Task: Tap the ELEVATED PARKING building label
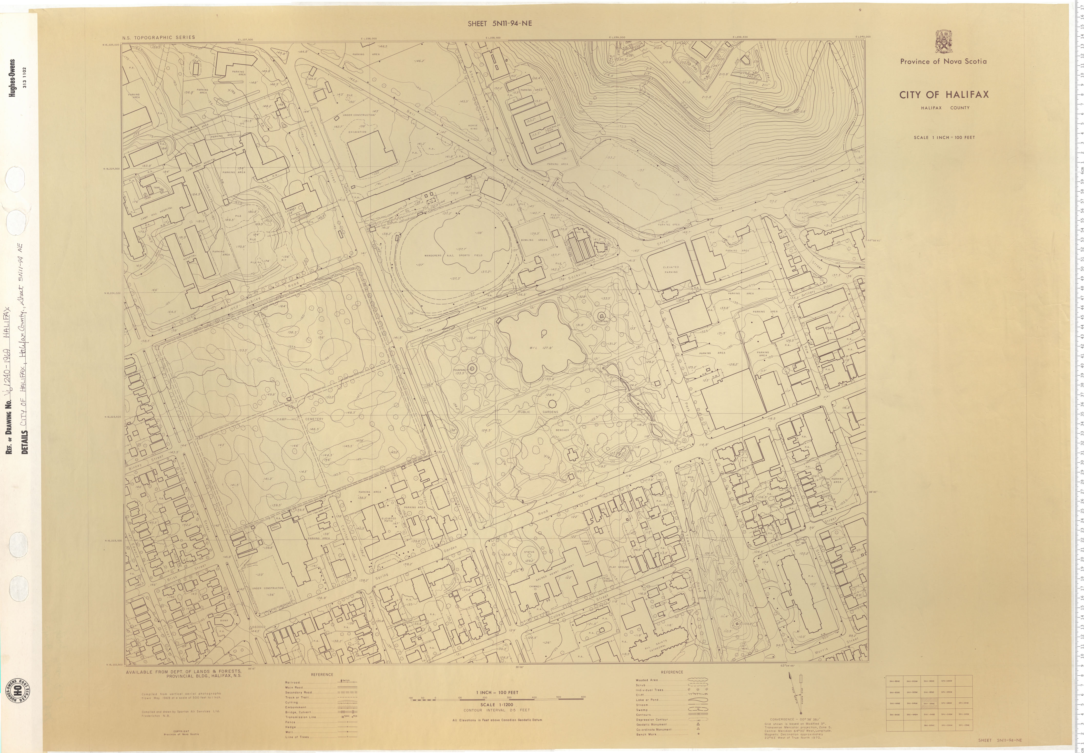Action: [x=671, y=269]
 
